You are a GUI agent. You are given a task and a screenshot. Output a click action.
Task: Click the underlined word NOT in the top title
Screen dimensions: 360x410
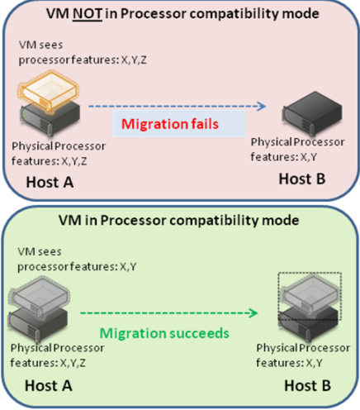(x=88, y=14)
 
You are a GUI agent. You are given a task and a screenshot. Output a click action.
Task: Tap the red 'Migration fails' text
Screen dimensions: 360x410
(x=170, y=124)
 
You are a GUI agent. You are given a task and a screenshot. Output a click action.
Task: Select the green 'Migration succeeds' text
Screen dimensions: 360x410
(x=164, y=333)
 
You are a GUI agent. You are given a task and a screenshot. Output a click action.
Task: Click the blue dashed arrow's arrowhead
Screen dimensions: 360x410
(x=261, y=106)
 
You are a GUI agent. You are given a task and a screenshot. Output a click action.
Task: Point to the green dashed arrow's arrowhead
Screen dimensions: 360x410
(x=253, y=313)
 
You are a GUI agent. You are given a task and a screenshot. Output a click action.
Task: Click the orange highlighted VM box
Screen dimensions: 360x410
(x=49, y=92)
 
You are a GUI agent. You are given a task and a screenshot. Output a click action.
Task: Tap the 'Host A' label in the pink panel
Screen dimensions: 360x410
(x=50, y=182)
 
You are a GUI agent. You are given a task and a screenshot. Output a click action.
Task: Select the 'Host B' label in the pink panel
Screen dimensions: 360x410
(x=302, y=179)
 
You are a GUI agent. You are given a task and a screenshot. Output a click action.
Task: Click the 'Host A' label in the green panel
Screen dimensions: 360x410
(x=49, y=385)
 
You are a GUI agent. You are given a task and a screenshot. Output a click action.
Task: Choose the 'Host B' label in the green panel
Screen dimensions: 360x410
(x=307, y=385)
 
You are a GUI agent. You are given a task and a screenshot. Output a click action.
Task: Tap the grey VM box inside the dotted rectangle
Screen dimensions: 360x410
(x=310, y=295)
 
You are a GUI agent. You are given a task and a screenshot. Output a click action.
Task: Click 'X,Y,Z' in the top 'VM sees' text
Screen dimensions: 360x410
(x=134, y=60)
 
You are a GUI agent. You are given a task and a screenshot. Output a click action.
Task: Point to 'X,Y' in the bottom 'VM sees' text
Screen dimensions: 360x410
(x=128, y=267)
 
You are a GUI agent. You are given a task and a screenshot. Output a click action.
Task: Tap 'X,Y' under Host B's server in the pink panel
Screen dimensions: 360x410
(x=309, y=157)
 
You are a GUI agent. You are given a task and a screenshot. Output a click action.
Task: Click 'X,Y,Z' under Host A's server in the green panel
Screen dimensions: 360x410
(x=73, y=363)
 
